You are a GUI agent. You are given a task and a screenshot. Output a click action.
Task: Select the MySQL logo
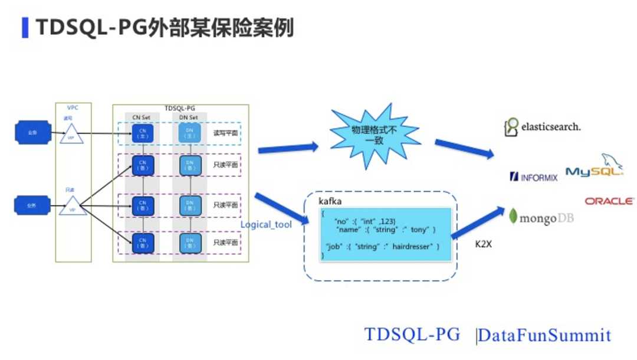pos(594,170)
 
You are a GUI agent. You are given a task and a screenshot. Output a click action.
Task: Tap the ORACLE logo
pos(609,201)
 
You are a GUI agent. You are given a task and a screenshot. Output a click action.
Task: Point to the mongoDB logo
pos(541,217)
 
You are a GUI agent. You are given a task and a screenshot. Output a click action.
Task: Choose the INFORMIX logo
pos(533,176)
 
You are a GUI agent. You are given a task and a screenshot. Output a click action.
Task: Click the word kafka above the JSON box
pos(330,201)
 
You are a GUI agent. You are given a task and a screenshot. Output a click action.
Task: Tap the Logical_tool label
pos(266,225)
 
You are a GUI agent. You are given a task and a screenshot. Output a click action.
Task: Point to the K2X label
pos(483,244)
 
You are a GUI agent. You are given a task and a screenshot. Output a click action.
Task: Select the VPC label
pos(73,107)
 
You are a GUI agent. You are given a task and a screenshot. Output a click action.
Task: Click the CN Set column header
pos(142,117)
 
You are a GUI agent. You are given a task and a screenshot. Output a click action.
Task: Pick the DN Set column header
pos(189,117)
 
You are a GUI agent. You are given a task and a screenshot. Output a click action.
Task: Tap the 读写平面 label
pos(225,134)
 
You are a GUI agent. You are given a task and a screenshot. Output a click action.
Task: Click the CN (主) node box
pos(142,133)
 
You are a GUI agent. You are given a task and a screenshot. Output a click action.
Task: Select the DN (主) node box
pos(189,133)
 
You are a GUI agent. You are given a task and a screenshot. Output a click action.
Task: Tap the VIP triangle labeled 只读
pos(73,206)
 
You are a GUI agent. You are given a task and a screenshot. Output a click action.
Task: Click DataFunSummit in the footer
pos(544,335)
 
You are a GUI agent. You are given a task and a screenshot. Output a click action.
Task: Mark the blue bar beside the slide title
pos(25,27)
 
